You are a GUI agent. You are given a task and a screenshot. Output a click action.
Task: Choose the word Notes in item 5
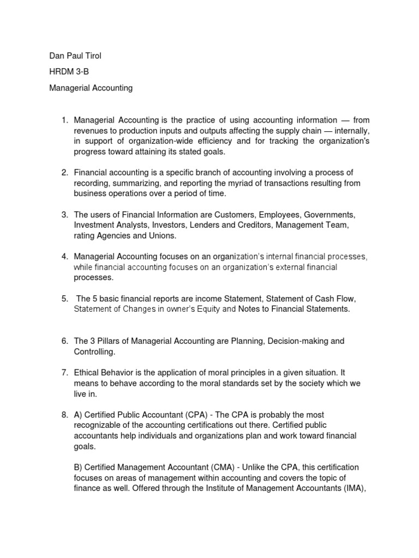tap(250, 309)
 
